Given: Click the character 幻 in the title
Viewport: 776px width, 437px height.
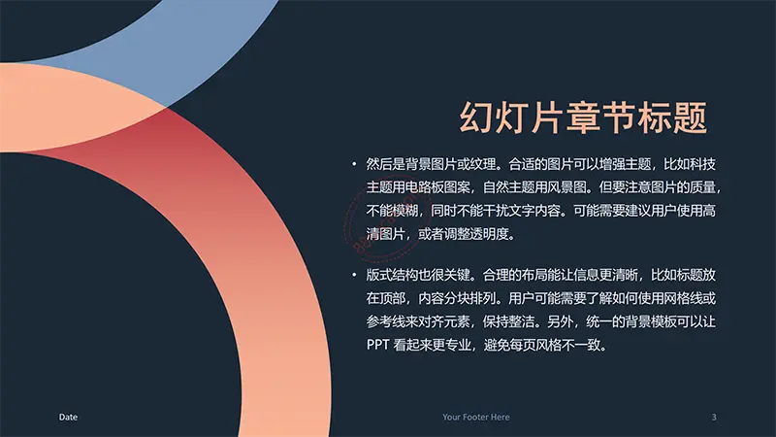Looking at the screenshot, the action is [477, 118].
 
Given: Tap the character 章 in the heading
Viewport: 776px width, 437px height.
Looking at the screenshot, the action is [584, 118].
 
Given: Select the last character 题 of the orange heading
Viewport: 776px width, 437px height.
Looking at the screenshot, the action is [690, 118].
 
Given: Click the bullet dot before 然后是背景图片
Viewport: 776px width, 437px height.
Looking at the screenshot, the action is [354, 164].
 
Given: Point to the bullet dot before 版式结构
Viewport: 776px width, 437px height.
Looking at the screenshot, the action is [354, 275].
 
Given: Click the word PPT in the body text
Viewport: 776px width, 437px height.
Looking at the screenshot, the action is [377, 345].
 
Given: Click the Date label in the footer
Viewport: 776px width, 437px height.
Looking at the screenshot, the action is [68, 418].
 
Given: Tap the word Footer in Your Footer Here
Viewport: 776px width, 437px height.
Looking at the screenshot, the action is [476, 418].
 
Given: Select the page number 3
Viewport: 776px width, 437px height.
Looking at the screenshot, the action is [714, 418].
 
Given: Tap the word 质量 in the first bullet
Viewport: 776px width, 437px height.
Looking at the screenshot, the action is [702, 187].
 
